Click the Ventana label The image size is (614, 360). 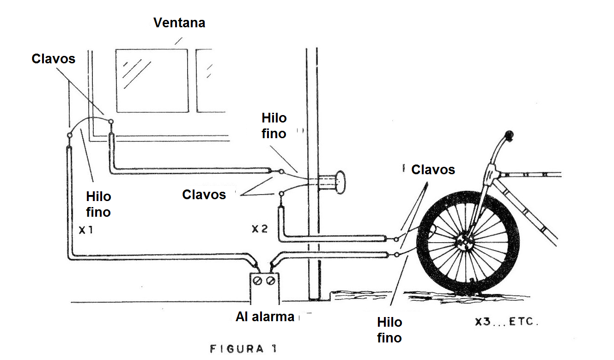(x=179, y=23)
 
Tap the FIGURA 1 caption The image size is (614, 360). (x=243, y=349)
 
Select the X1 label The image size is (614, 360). (x=86, y=230)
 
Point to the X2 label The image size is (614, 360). (x=260, y=229)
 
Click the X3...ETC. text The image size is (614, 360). (x=507, y=321)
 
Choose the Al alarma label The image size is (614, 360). (x=265, y=317)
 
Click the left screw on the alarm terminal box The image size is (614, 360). (x=257, y=281)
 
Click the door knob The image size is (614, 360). (x=340, y=182)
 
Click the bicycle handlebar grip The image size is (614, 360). (x=509, y=136)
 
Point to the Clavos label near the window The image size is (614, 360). (x=54, y=59)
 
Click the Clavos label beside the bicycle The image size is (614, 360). (x=433, y=170)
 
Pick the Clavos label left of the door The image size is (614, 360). (x=204, y=195)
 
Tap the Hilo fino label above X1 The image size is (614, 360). (x=98, y=204)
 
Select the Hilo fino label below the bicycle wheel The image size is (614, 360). (x=389, y=330)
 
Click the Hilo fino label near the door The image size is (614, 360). (x=274, y=126)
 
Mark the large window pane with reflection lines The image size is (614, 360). (x=152, y=80)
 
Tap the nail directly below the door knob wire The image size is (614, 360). (x=281, y=194)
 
